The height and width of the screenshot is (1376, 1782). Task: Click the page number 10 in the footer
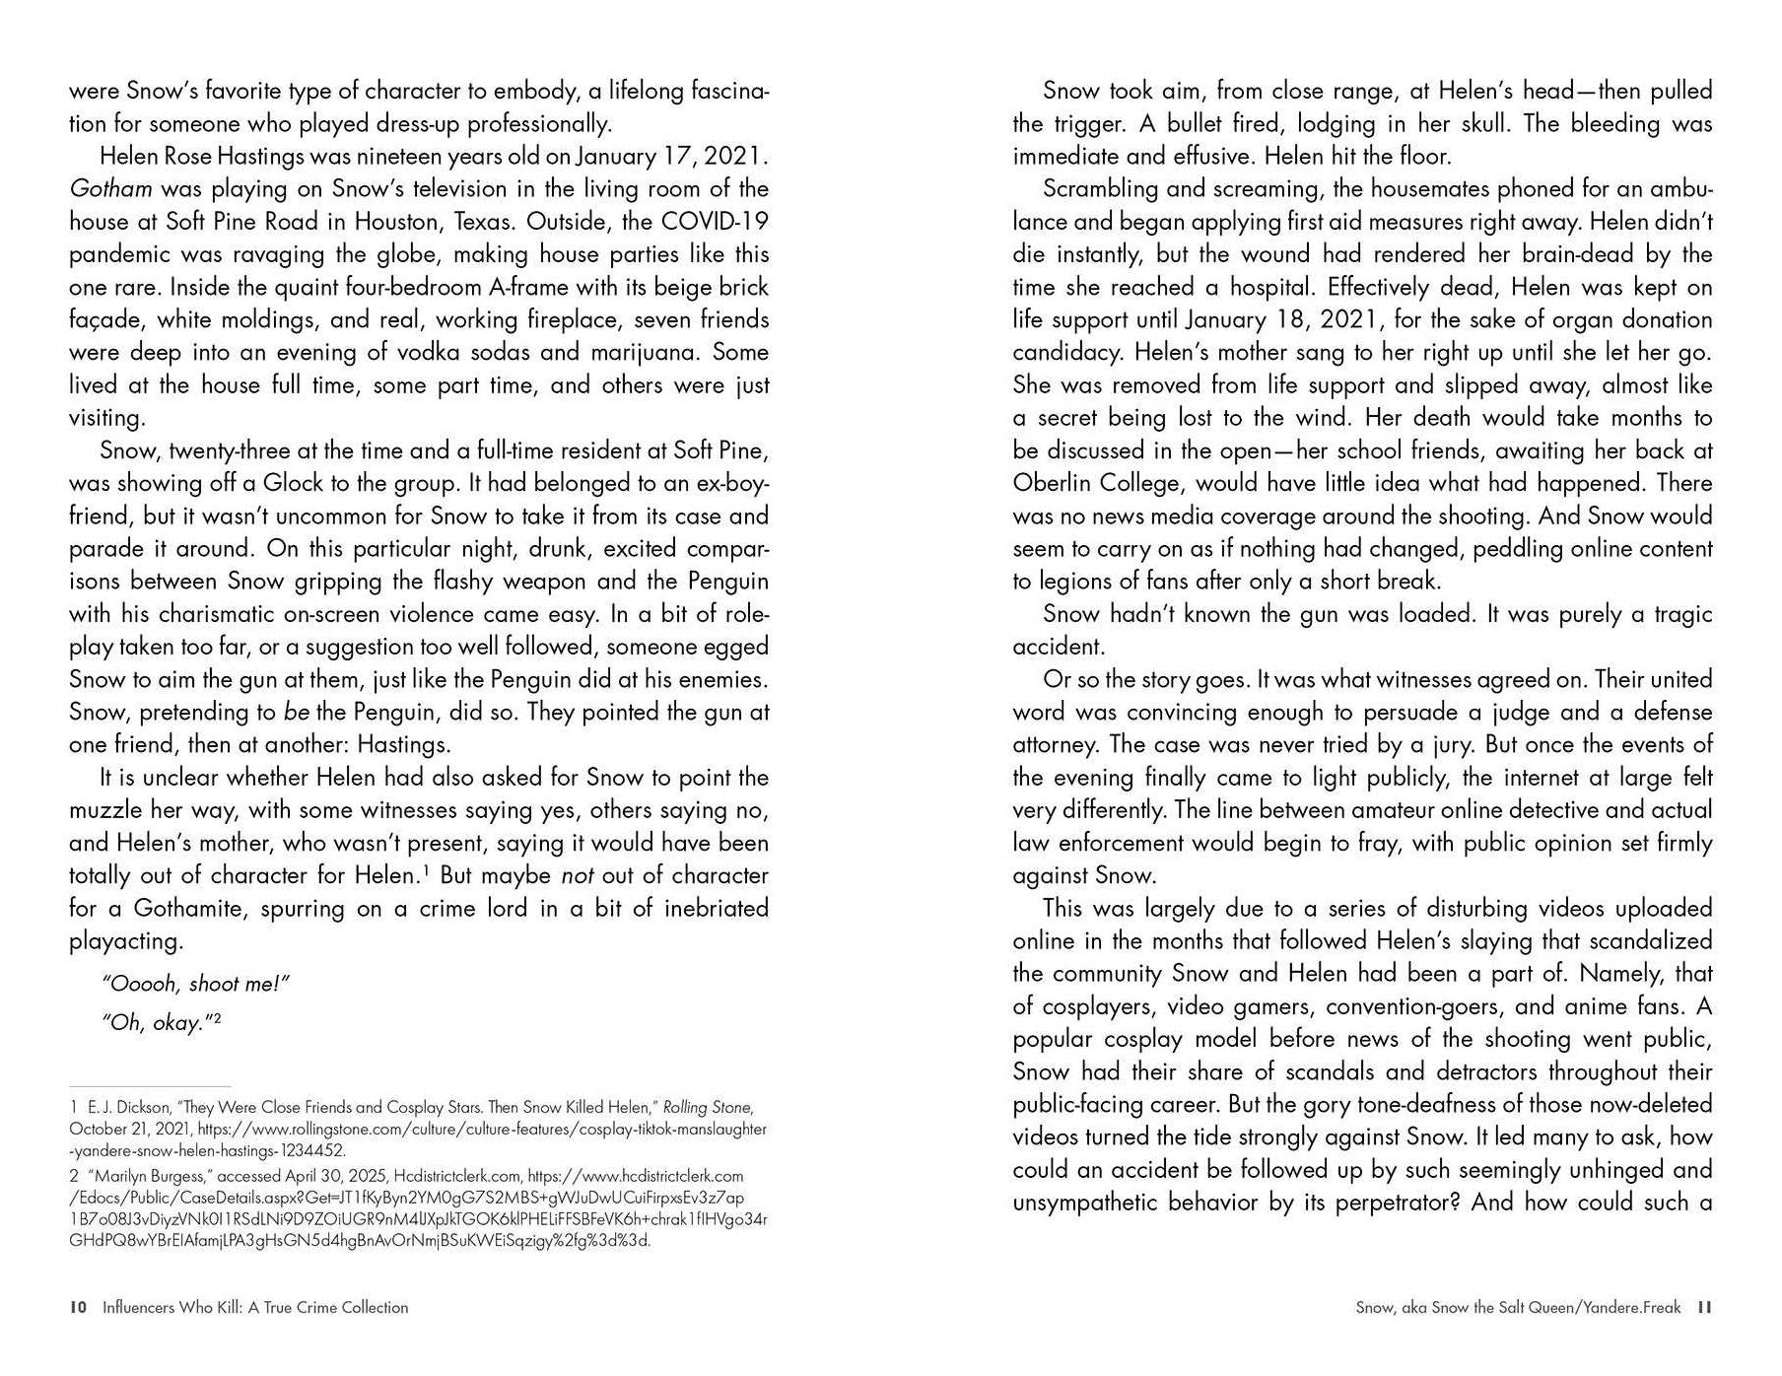click(x=78, y=1308)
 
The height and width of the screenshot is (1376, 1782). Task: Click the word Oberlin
click(x=1060, y=483)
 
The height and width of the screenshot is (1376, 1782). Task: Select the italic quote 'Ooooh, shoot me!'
click(x=195, y=985)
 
